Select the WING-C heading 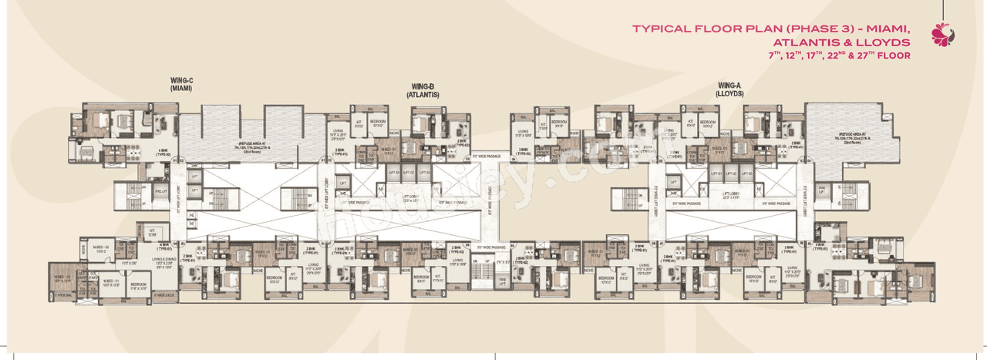pos(182,80)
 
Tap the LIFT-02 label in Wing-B pos(408,173)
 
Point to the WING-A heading pos(729,84)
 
